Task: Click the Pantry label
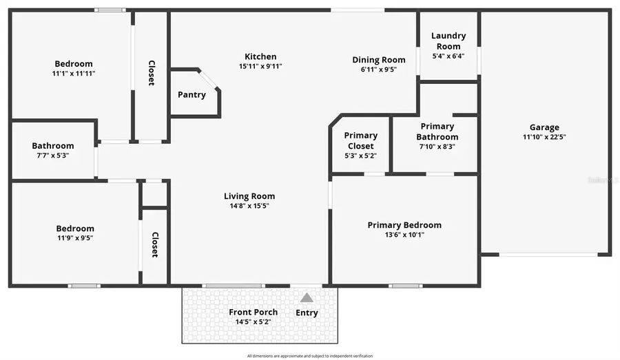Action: (192, 95)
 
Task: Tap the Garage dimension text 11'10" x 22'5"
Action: (544, 137)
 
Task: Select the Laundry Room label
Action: (448, 41)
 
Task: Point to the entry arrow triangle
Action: (307, 297)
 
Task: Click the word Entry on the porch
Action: (307, 313)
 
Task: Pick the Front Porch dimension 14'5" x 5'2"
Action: (253, 321)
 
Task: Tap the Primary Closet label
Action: (360, 141)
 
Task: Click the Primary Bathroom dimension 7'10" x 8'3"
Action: (437, 147)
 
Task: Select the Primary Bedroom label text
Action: (404, 225)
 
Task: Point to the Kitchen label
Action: (260, 56)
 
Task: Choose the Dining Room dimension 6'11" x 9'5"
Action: (378, 70)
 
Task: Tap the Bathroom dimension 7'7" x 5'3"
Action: (53, 156)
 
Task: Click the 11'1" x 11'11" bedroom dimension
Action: (73, 73)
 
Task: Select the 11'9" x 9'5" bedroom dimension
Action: (75, 238)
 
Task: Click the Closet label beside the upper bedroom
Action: (151, 73)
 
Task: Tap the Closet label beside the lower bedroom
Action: (154, 244)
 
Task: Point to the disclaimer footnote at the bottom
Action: (309, 356)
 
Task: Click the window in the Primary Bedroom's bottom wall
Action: (405, 286)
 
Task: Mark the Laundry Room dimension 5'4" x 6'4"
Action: (448, 56)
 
